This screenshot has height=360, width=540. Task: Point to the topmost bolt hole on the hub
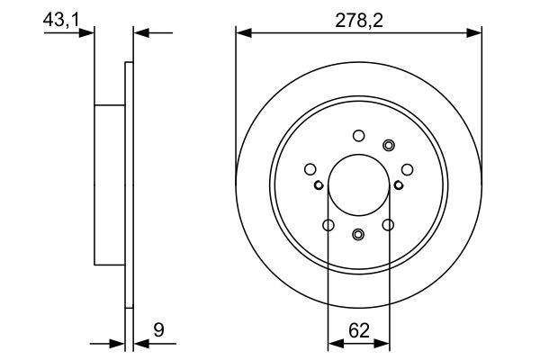click(358, 136)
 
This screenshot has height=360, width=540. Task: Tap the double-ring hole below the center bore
click(358, 236)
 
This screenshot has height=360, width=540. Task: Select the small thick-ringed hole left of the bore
click(319, 186)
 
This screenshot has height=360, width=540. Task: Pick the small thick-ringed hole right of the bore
click(398, 186)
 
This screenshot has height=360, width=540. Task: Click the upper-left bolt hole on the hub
click(310, 168)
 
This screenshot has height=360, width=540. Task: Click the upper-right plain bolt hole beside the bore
click(407, 168)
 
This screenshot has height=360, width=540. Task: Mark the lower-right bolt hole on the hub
click(389, 225)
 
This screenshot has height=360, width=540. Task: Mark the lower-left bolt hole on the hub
click(328, 225)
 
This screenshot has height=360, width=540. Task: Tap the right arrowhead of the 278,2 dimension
click(476, 33)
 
